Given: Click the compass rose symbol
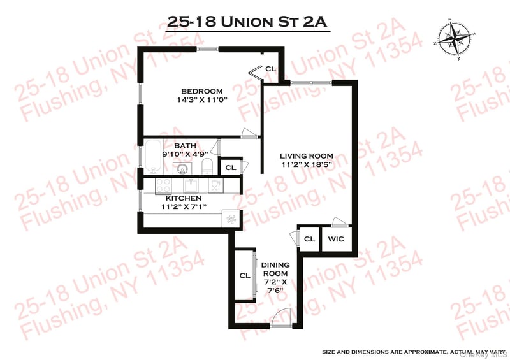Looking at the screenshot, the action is (455, 40).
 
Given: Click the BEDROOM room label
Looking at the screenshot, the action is (201, 91).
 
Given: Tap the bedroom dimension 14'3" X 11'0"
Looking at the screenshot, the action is (201, 99).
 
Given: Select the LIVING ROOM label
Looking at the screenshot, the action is (307, 155).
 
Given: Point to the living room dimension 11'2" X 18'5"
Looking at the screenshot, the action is (307, 164).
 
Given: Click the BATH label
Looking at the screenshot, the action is (185, 145).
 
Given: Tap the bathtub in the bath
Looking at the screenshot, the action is (153, 157).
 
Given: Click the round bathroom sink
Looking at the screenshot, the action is (182, 168).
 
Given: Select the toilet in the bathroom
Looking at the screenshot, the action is (207, 167).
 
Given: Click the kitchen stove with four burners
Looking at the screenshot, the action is (163, 186).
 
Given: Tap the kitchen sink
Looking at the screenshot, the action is (191, 185).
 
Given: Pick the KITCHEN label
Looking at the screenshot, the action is (184, 198).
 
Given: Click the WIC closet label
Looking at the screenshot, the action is (336, 239).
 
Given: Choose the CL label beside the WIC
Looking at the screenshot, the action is (309, 239).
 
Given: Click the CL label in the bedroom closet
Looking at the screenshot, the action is (270, 69).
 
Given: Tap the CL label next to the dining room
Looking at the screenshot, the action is (245, 276).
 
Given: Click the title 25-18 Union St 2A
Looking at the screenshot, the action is (247, 22).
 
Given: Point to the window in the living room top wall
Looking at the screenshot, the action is (311, 83).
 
